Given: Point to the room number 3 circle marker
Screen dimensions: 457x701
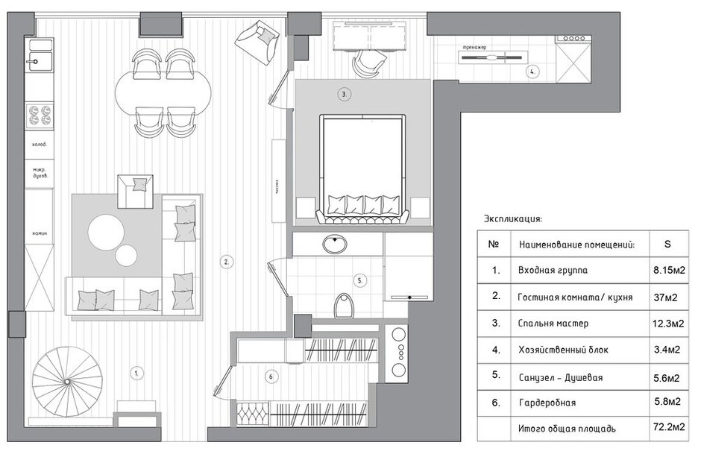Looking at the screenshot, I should (x=344, y=95).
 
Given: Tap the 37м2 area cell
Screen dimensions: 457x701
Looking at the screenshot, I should (x=666, y=297).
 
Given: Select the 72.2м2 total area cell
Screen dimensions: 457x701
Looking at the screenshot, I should (x=666, y=429).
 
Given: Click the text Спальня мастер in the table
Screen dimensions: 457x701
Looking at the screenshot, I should (x=553, y=324).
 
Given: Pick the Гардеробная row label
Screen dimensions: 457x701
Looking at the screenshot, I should (x=547, y=403).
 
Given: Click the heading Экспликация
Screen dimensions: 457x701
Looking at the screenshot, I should (x=513, y=219).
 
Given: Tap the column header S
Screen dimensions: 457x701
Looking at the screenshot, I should (x=666, y=244).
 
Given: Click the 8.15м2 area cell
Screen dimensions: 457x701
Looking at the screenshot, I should (x=666, y=271).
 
